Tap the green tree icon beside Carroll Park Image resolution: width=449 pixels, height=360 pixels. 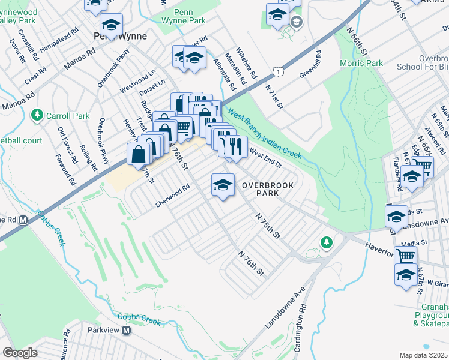(x=37, y=114)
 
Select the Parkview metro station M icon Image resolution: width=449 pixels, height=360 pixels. (x=127, y=331)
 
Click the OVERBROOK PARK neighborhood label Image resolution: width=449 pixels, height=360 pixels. (x=268, y=190)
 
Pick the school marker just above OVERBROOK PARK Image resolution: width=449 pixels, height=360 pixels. (x=223, y=184)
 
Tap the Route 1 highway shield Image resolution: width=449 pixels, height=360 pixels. (x=277, y=71)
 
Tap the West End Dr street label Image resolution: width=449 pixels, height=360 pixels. (x=265, y=157)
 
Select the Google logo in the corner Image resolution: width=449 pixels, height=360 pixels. (x=20, y=353)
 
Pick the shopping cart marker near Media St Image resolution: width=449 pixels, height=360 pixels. (x=406, y=256)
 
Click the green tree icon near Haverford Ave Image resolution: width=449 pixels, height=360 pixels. (x=326, y=242)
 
